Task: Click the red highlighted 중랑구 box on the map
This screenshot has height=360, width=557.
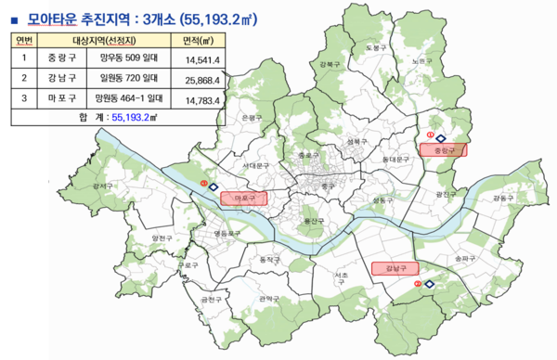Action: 443,148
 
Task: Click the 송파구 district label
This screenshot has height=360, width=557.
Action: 459,259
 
